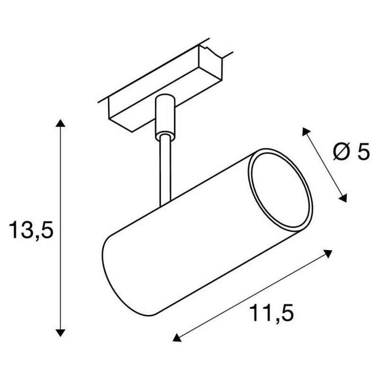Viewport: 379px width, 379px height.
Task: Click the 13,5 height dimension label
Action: click(x=31, y=230)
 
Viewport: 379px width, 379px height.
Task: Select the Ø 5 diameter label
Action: click(x=352, y=152)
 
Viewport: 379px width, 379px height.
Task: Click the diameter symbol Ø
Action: click(x=341, y=152)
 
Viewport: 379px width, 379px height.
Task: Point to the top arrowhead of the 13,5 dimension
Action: click(x=60, y=123)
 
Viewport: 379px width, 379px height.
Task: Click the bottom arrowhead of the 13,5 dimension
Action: click(x=60, y=333)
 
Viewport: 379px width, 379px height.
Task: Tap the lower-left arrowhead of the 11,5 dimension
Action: click(x=177, y=338)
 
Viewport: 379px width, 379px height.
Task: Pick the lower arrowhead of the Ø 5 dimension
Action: click(x=343, y=198)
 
